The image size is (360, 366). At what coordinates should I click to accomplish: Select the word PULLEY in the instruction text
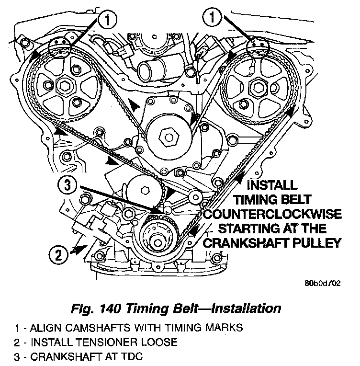[x=315, y=242]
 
